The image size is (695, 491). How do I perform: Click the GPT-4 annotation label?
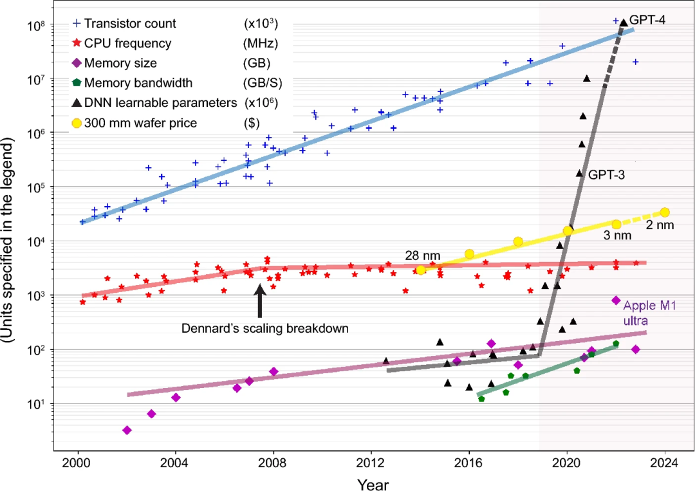(x=647, y=19)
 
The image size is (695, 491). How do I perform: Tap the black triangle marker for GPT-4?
(x=623, y=23)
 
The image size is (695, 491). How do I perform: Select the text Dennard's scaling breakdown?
(x=265, y=328)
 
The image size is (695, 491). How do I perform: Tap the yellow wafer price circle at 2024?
(x=665, y=212)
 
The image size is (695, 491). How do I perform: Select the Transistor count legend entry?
(x=130, y=24)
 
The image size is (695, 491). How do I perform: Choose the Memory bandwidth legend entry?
(x=138, y=83)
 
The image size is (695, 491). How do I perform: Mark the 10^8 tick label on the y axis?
(x=37, y=25)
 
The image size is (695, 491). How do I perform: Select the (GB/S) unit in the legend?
(x=263, y=83)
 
